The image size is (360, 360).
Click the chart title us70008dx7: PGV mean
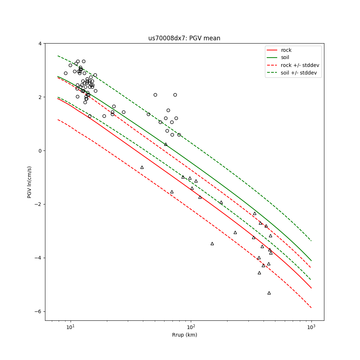[x=184, y=38]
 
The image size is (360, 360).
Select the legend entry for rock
[x=286, y=50]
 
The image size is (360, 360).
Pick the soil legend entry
[x=285, y=57]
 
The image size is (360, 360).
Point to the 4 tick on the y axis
[x=40, y=44]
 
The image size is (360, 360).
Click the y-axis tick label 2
[x=40, y=97]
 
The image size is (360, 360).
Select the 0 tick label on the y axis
[x=40, y=151]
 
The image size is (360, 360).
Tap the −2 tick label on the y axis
[x=38, y=204]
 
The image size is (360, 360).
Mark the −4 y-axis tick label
[x=38, y=258]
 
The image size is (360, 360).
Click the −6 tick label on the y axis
[x=38, y=311]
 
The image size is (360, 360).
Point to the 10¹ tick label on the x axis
[x=71, y=327]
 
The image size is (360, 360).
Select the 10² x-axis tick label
[x=191, y=327]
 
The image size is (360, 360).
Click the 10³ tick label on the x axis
[x=311, y=327]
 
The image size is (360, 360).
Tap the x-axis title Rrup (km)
[x=184, y=335]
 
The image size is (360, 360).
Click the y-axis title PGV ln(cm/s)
[x=30, y=182]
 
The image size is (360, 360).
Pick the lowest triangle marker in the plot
[x=269, y=293]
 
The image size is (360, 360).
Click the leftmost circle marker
[x=66, y=73]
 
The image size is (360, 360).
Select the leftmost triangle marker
[x=142, y=167]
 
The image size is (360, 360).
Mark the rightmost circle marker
[x=179, y=135]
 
